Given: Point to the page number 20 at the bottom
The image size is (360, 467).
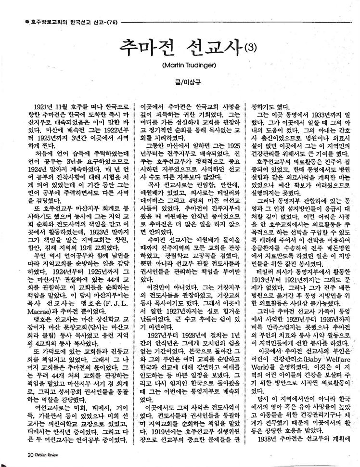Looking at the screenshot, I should (x=18, y=454).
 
